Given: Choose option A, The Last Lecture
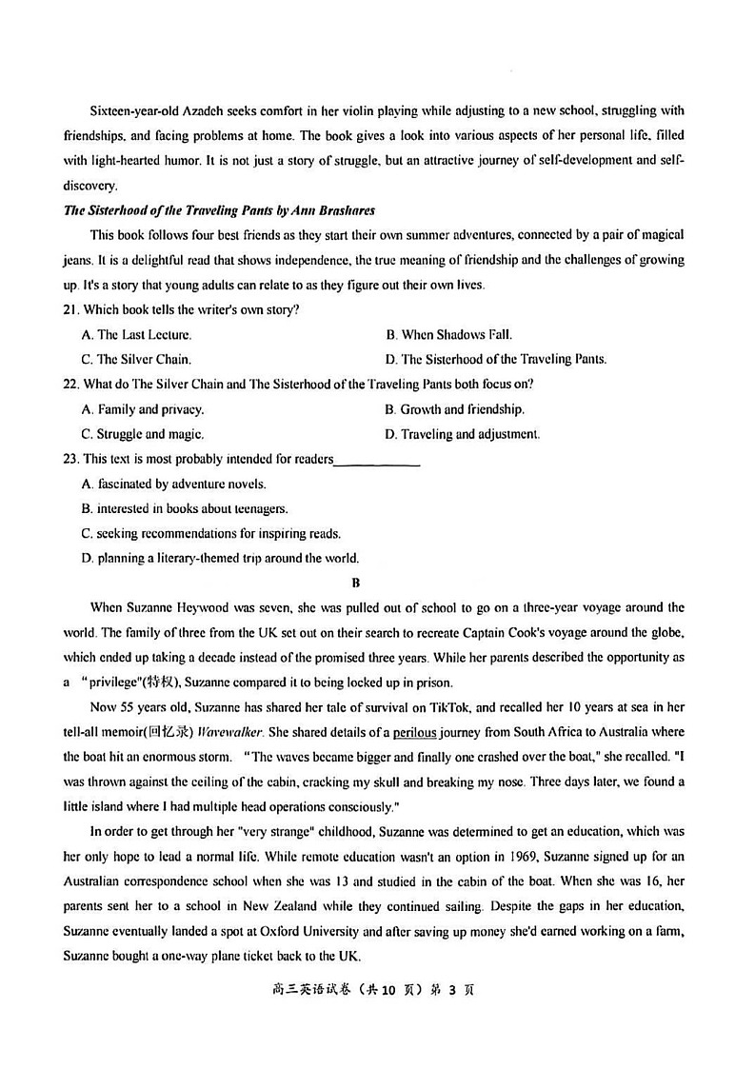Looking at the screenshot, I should pos(137,334).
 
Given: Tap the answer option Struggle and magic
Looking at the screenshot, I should pos(143,434).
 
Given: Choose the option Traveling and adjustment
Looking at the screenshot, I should pos(462,434).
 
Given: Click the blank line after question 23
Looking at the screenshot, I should pos(377,461).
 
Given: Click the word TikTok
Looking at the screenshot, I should pos(402,706).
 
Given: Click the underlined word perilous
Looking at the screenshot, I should pos(418,731).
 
